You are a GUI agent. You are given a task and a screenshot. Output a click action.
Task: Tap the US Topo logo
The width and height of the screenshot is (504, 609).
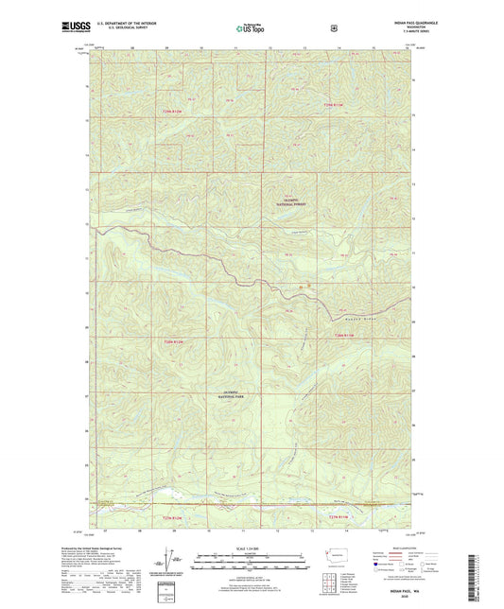[251, 29]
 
